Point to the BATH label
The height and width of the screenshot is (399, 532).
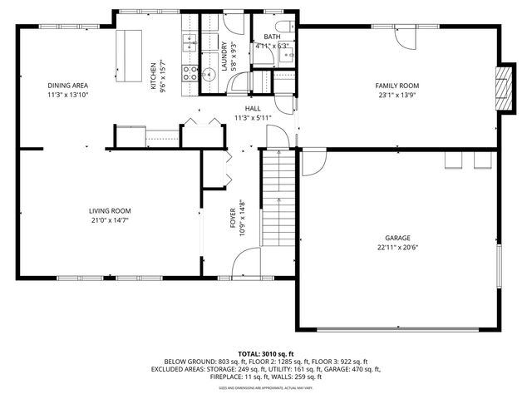(x=273, y=37)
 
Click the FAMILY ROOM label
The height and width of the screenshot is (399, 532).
(x=397, y=86)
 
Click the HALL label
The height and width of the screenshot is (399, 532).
(x=253, y=109)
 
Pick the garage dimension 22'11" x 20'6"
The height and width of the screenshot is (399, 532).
(x=397, y=247)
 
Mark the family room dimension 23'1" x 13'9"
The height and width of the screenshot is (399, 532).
(x=397, y=96)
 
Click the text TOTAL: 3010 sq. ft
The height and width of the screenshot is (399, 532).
(x=266, y=353)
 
